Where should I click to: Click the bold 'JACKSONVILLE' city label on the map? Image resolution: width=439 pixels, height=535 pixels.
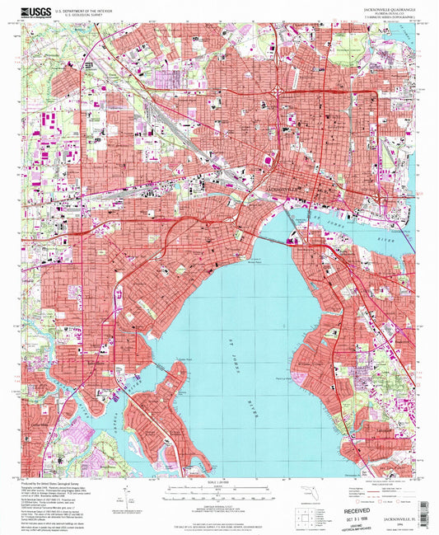click(x=284, y=191)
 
